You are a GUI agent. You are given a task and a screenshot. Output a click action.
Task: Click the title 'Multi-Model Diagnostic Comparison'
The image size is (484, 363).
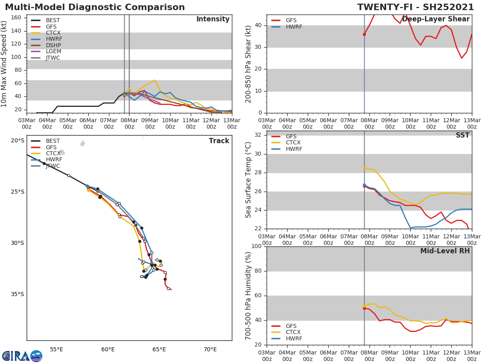[95, 7]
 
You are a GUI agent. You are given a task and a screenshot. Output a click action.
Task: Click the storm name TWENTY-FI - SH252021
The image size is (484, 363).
[415, 7]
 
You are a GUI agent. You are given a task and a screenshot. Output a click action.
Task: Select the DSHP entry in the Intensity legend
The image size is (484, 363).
[53, 45]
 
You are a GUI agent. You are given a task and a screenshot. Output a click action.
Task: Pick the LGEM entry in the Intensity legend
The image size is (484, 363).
[53, 52]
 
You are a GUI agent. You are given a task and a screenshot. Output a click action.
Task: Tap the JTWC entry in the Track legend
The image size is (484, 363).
[53, 166]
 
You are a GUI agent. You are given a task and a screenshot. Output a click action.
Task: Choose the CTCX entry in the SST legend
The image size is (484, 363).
[293, 143]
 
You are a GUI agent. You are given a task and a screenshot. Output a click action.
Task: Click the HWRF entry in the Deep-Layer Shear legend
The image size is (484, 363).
[294, 27]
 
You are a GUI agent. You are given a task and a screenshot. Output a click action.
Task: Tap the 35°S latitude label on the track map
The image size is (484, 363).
[17, 294]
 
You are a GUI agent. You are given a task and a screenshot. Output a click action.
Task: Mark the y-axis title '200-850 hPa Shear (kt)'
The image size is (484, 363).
[248, 64]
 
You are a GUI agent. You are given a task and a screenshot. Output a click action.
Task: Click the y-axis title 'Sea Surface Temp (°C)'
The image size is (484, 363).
[248, 180]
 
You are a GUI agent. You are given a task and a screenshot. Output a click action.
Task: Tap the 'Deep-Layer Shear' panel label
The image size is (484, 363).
[436, 19]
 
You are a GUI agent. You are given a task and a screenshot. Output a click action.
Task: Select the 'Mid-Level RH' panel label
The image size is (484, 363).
[445, 251]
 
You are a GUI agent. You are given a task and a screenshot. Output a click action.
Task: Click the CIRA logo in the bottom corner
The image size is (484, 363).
[22, 356]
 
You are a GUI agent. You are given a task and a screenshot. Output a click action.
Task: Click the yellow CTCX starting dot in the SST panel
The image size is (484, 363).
[364, 168]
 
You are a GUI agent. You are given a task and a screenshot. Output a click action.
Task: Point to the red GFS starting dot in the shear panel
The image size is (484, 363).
[364, 34]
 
